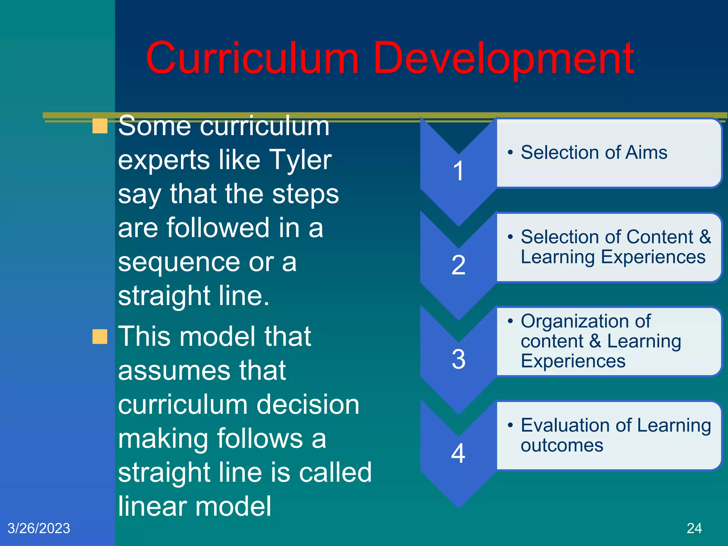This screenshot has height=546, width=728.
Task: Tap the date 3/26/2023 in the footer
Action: click(39, 528)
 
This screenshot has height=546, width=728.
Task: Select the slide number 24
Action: click(694, 528)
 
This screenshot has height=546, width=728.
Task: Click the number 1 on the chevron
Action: click(459, 171)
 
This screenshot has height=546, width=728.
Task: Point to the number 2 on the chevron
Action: click(459, 265)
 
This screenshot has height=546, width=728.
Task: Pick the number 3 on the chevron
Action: click(459, 359)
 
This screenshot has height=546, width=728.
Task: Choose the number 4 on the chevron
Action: click(459, 453)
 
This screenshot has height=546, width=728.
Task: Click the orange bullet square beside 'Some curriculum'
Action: click(100, 126)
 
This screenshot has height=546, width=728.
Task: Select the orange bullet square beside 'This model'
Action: click(100, 337)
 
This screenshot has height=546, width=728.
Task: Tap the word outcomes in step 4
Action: click(562, 445)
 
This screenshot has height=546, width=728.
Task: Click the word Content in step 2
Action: click(660, 237)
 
